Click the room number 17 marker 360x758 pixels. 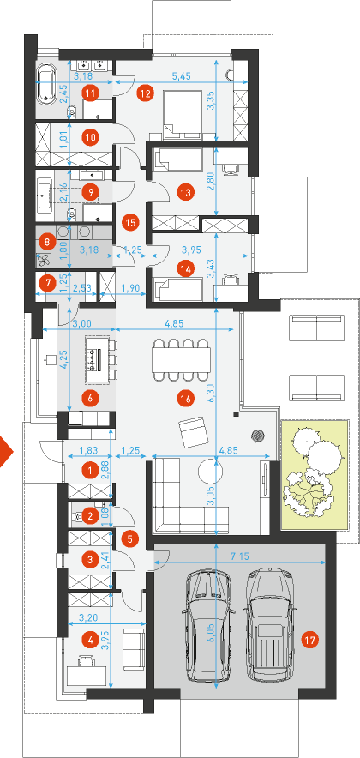pyautogui.click(x=309, y=641)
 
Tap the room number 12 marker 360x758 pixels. pyautogui.click(x=145, y=93)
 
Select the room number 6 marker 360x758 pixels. pyautogui.click(x=90, y=399)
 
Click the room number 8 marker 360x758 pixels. pyautogui.click(x=47, y=240)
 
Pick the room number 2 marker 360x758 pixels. pyautogui.click(x=90, y=517)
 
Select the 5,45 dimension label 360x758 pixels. pyautogui.click(x=182, y=76)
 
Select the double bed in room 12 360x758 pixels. pyautogui.click(x=184, y=111)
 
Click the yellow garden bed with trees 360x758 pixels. pyautogui.click(x=315, y=476)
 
